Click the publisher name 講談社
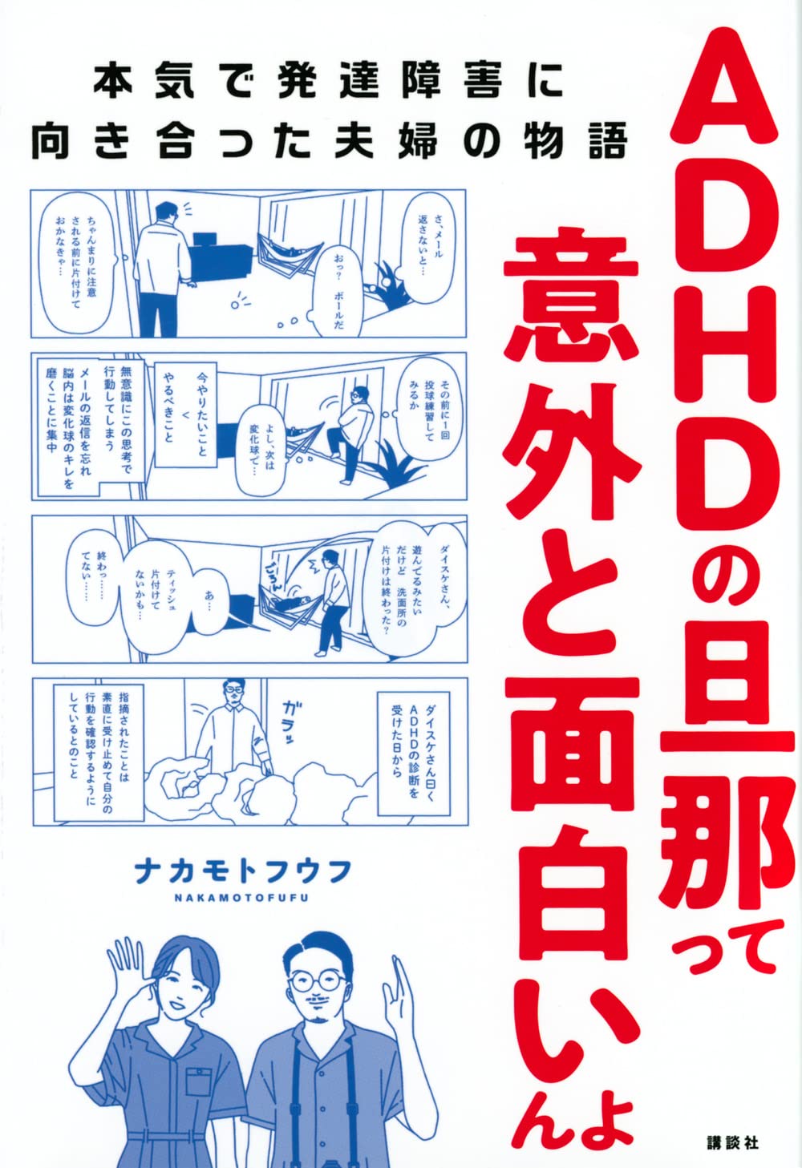(731, 1142)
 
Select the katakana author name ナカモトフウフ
(243, 871)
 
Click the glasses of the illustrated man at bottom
(318, 980)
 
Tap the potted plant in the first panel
(391, 286)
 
